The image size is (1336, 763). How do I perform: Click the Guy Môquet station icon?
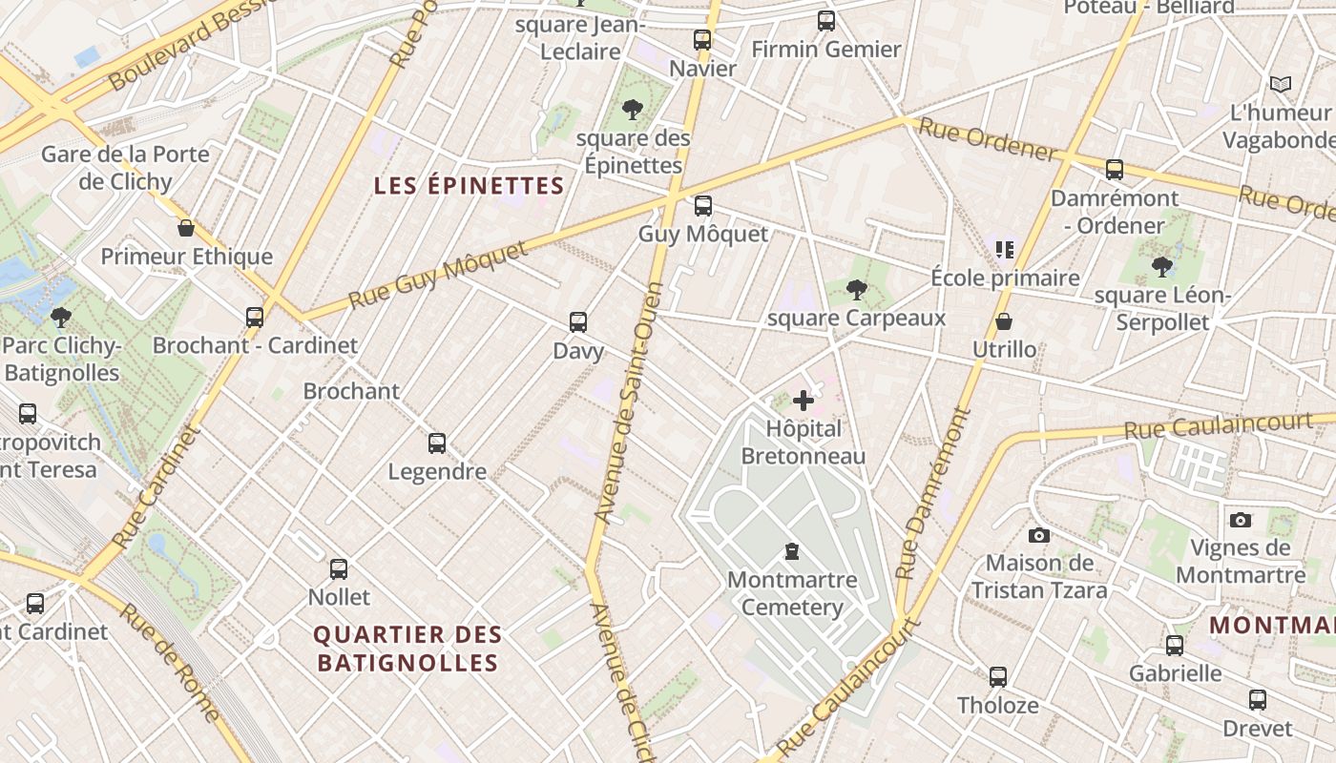click(703, 205)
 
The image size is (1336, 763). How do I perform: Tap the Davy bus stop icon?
click(578, 321)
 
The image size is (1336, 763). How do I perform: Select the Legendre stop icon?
click(437, 443)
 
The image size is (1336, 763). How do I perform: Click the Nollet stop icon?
click(339, 569)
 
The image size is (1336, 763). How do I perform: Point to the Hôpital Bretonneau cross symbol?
click(804, 401)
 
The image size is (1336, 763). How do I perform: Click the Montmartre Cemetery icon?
click(791, 550)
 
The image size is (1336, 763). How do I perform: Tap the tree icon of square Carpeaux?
click(856, 289)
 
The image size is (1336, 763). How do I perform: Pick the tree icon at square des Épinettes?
click(632, 110)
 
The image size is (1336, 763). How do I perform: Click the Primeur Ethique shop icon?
click(186, 228)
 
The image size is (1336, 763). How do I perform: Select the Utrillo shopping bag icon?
click(1004, 321)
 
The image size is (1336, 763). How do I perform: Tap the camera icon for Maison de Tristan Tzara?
click(1039, 535)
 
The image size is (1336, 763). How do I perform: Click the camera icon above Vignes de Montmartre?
click(1240, 520)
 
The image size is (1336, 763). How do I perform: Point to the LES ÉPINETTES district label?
click(469, 185)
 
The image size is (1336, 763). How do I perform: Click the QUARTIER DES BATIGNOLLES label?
click(407, 649)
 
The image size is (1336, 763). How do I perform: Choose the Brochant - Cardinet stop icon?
click(255, 317)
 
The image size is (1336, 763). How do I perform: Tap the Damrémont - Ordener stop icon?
click(1114, 170)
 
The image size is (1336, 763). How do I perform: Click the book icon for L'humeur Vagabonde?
click(1281, 84)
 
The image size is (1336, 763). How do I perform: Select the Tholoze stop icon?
click(998, 677)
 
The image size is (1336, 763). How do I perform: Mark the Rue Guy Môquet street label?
click(438, 275)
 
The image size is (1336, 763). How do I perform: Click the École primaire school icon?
click(1004, 250)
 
